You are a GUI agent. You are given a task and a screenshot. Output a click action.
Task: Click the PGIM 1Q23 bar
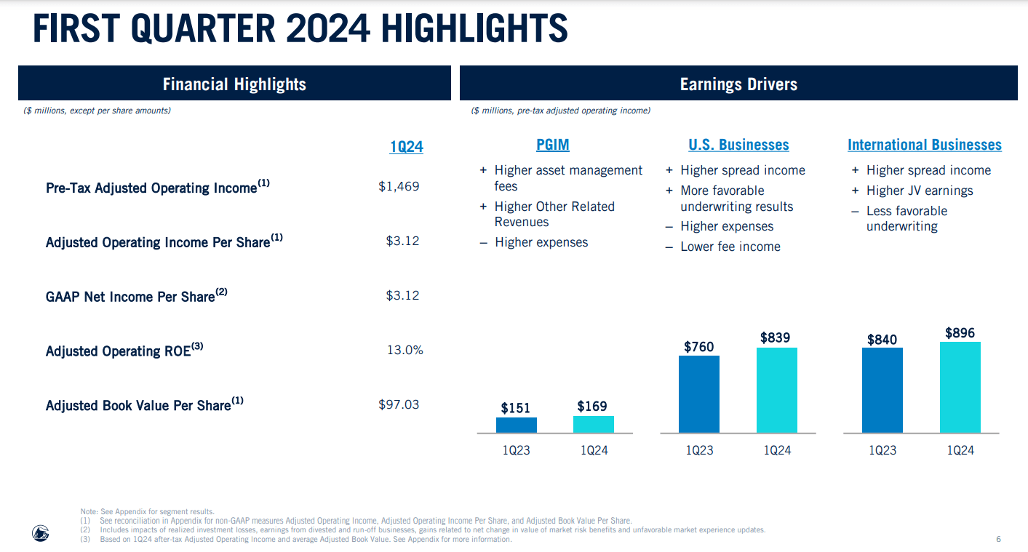click(517, 425)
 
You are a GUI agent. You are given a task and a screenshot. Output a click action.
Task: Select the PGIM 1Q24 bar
click(594, 424)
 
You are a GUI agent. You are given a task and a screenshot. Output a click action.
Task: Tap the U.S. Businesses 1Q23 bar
click(699, 393)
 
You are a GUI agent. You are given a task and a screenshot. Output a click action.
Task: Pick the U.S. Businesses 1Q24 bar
click(777, 390)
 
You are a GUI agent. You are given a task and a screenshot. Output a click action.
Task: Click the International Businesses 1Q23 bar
click(882, 390)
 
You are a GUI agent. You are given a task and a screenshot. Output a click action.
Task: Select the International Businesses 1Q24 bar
click(960, 387)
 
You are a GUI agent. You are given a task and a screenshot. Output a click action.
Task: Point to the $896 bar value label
click(960, 333)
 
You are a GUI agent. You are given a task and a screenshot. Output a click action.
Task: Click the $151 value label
click(516, 408)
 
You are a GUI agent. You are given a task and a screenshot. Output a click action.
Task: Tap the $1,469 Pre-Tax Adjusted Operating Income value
click(399, 186)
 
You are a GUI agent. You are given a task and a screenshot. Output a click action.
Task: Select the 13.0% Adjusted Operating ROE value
click(405, 350)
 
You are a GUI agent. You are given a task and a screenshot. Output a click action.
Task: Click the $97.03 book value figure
click(399, 404)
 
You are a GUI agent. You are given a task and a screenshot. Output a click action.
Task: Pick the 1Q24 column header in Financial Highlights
click(406, 147)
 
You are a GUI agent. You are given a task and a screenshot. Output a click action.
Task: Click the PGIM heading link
click(553, 145)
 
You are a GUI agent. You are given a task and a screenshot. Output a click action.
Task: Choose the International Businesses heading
click(924, 145)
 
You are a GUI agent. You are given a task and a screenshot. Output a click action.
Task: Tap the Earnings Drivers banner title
click(738, 84)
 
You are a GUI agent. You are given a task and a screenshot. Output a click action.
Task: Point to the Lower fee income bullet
click(730, 247)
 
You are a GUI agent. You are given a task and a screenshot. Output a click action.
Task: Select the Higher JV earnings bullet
click(919, 191)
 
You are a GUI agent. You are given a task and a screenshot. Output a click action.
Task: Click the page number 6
click(998, 539)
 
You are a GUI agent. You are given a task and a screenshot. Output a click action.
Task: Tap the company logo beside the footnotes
click(40, 533)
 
